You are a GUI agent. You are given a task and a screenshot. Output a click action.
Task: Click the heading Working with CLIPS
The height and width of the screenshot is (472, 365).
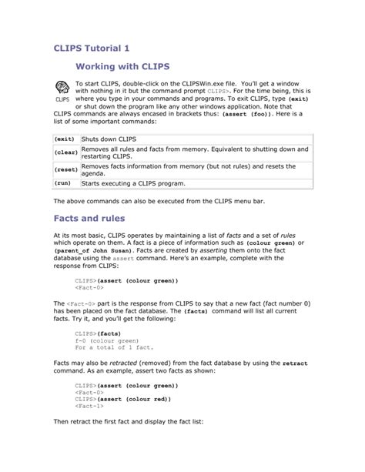click(x=123, y=69)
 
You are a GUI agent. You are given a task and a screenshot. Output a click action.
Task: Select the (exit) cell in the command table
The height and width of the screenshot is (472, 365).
click(x=65, y=139)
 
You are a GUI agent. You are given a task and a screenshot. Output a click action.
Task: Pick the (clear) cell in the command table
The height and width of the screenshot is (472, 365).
click(x=65, y=152)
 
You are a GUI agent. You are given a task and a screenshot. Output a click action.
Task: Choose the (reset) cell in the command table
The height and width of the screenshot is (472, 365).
click(x=65, y=169)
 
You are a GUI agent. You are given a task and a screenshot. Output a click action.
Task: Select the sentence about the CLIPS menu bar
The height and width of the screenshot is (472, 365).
click(x=158, y=201)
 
